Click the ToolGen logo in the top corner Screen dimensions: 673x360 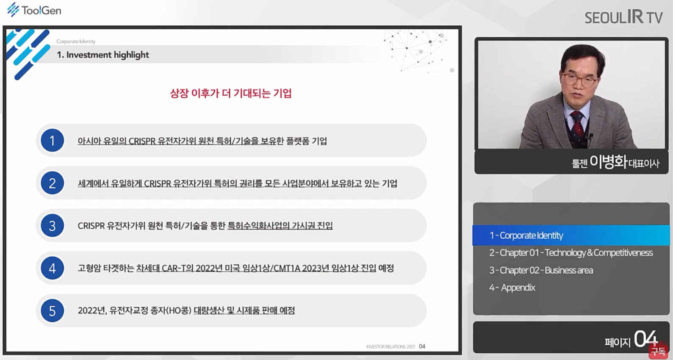[x=34, y=10]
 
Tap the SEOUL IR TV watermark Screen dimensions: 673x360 [x=623, y=17]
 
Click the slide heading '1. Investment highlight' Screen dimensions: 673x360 [x=103, y=55]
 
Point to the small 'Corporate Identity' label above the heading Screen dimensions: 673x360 [x=76, y=42]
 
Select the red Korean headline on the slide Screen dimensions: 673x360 [x=231, y=93]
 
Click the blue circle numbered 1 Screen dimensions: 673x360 [x=52, y=140]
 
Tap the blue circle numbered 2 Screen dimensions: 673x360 [x=52, y=183]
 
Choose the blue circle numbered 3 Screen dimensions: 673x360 [x=52, y=226]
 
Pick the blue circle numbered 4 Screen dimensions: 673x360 [x=52, y=268]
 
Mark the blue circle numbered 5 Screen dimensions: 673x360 [x=52, y=311]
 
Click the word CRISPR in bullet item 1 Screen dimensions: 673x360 [x=142, y=141]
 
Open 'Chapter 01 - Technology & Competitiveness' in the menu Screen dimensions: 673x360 [x=571, y=253]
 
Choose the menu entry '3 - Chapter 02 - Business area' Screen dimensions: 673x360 [x=541, y=270]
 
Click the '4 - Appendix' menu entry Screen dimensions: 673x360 [x=512, y=288]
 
